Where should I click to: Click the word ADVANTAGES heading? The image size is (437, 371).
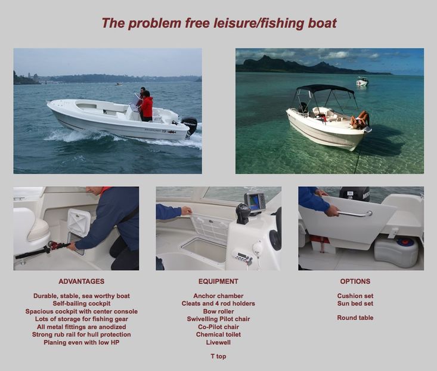pyautogui.click(x=82, y=282)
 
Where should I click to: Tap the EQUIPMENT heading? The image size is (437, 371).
pyautogui.click(x=218, y=282)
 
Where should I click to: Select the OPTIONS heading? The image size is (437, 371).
pyautogui.click(x=355, y=282)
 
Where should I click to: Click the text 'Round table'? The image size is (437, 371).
pyautogui.click(x=355, y=318)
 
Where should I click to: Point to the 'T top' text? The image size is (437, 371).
pyautogui.click(x=218, y=356)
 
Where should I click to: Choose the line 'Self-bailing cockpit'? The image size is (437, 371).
pyautogui.click(x=82, y=304)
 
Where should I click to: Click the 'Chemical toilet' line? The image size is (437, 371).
pyautogui.click(x=218, y=335)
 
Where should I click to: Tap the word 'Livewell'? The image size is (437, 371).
pyautogui.click(x=218, y=342)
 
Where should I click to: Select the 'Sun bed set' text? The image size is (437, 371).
pyautogui.click(x=355, y=304)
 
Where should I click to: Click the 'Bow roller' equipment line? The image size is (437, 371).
pyautogui.click(x=218, y=311)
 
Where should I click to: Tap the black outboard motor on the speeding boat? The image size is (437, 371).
pyautogui.click(x=189, y=125)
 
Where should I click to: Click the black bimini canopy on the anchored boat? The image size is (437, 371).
pyautogui.click(x=325, y=89)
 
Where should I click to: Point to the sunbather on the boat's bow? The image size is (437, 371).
pyautogui.click(x=360, y=120)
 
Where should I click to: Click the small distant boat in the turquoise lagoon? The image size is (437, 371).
pyautogui.click(x=362, y=81)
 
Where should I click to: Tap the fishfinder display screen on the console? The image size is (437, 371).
pyautogui.click(x=255, y=202)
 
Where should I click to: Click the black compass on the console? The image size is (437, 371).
pyautogui.click(x=243, y=213)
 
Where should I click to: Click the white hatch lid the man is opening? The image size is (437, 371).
pyautogui.click(x=79, y=222)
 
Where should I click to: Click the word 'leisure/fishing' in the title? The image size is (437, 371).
pyautogui.click(x=259, y=23)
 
